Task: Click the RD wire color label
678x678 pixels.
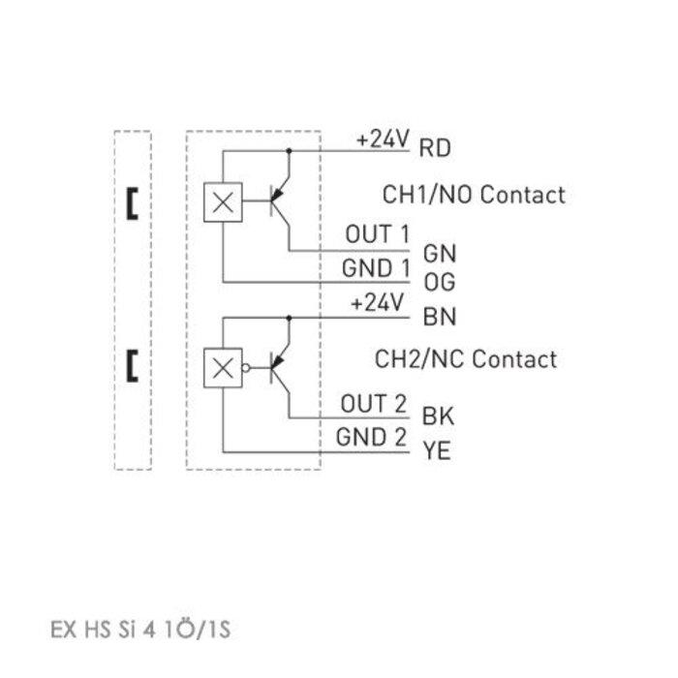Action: pos(434,148)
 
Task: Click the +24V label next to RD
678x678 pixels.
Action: pos(384,139)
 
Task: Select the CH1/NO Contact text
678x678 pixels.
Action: pos(474,195)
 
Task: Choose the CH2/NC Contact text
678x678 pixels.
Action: pos(466,359)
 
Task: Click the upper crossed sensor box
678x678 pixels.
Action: pos(223,201)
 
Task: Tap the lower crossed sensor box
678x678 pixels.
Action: pos(223,367)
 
